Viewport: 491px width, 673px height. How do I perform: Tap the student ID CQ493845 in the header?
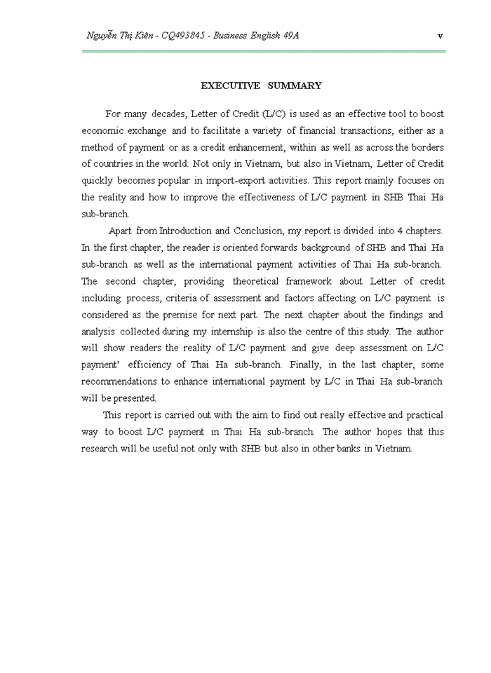(x=183, y=36)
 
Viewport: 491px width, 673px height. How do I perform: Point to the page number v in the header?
(x=439, y=36)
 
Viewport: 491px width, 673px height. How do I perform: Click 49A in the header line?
(x=290, y=36)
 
